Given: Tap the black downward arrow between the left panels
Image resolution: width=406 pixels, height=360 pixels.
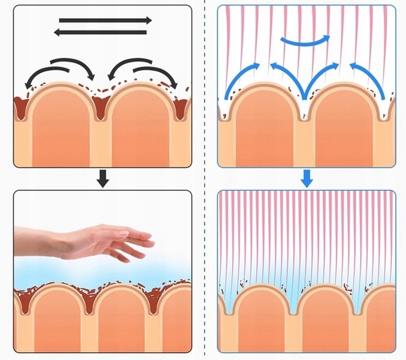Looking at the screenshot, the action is click(102, 179).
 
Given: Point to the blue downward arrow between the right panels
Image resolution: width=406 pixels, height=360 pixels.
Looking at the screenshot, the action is click(306, 179).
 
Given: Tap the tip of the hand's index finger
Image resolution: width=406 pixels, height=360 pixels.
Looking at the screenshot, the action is click(152, 243).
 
